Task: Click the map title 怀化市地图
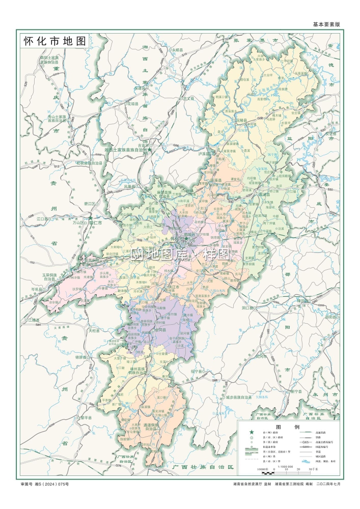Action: tap(53, 42)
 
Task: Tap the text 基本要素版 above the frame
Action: tap(326, 24)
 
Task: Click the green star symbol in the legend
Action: tap(251, 433)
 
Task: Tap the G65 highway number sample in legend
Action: tap(306, 444)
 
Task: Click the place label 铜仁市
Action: tap(95, 222)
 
